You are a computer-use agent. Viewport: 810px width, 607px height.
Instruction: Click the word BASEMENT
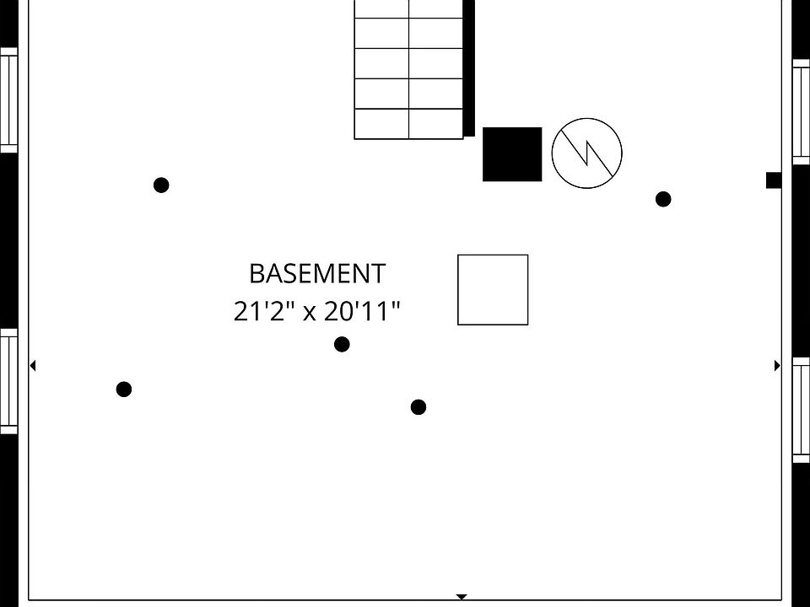click(317, 274)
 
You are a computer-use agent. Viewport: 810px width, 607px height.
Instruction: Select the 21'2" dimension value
click(264, 312)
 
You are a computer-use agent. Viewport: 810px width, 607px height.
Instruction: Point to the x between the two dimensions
click(310, 314)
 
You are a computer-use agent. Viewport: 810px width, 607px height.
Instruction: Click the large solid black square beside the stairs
click(512, 154)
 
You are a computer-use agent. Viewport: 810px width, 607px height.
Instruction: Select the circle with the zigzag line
click(586, 153)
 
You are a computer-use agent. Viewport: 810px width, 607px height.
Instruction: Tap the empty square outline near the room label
click(493, 290)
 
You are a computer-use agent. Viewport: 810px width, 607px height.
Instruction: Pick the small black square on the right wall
click(773, 180)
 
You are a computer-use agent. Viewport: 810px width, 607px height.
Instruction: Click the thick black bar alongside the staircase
click(469, 67)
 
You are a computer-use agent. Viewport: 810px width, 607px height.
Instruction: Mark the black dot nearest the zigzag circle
click(663, 200)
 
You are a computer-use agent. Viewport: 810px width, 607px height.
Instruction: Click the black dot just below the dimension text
click(342, 344)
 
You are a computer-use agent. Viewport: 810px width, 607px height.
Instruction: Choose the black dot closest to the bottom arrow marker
click(418, 407)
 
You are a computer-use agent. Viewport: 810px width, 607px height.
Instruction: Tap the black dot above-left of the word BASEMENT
click(161, 185)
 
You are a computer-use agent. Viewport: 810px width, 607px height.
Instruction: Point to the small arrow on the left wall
click(33, 366)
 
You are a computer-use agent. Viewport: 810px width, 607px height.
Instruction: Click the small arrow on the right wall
click(777, 366)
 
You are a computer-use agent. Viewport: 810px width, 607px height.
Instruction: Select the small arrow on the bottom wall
click(462, 597)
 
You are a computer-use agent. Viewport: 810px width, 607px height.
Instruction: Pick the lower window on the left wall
click(8, 381)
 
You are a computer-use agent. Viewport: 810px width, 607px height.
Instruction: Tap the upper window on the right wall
click(801, 110)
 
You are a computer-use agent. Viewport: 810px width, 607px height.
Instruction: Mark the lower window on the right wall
click(801, 410)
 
